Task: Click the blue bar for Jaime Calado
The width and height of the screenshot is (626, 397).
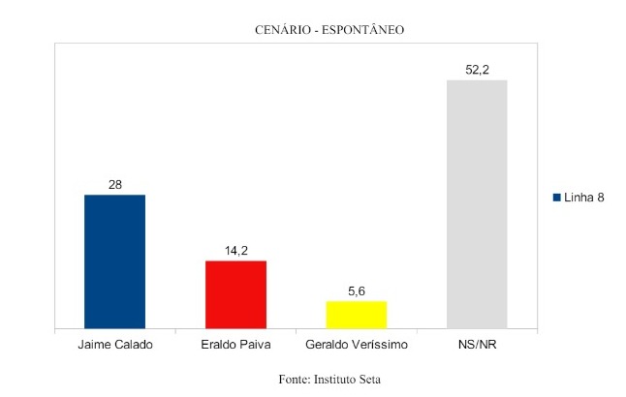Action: point(114,261)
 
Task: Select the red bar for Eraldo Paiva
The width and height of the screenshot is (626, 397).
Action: point(235,294)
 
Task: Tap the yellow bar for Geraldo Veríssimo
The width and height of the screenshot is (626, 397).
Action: point(356,315)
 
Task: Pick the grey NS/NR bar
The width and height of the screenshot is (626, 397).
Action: point(476,204)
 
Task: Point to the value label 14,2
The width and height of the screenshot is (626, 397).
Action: point(235,250)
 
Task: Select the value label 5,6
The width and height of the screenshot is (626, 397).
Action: point(356,290)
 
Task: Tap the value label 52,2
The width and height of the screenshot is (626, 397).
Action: point(476,69)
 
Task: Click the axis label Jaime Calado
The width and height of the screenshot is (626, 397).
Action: point(114,345)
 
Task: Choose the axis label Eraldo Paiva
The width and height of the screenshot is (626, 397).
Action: point(235,345)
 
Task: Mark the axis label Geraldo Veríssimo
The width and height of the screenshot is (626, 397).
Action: point(356,345)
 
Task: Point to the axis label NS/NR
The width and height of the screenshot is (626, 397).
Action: point(476,345)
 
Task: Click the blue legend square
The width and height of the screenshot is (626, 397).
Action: point(557,198)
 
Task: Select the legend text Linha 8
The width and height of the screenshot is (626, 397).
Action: point(584,198)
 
